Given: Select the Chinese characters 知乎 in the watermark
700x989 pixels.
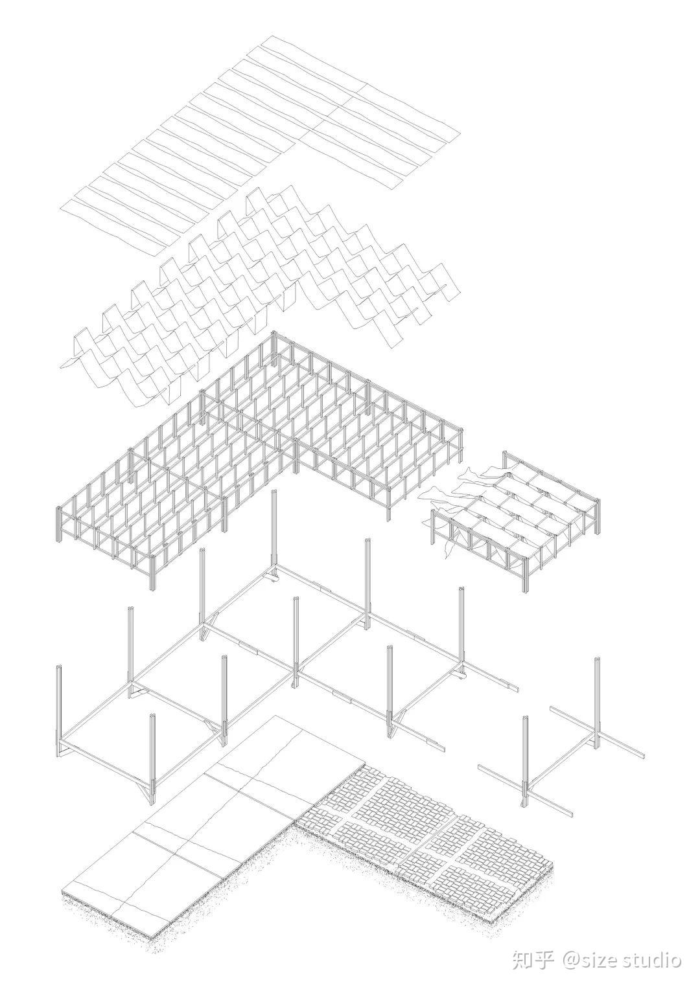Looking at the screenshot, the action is [x=532, y=959].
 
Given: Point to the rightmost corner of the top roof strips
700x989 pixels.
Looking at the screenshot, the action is [x=460, y=135].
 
